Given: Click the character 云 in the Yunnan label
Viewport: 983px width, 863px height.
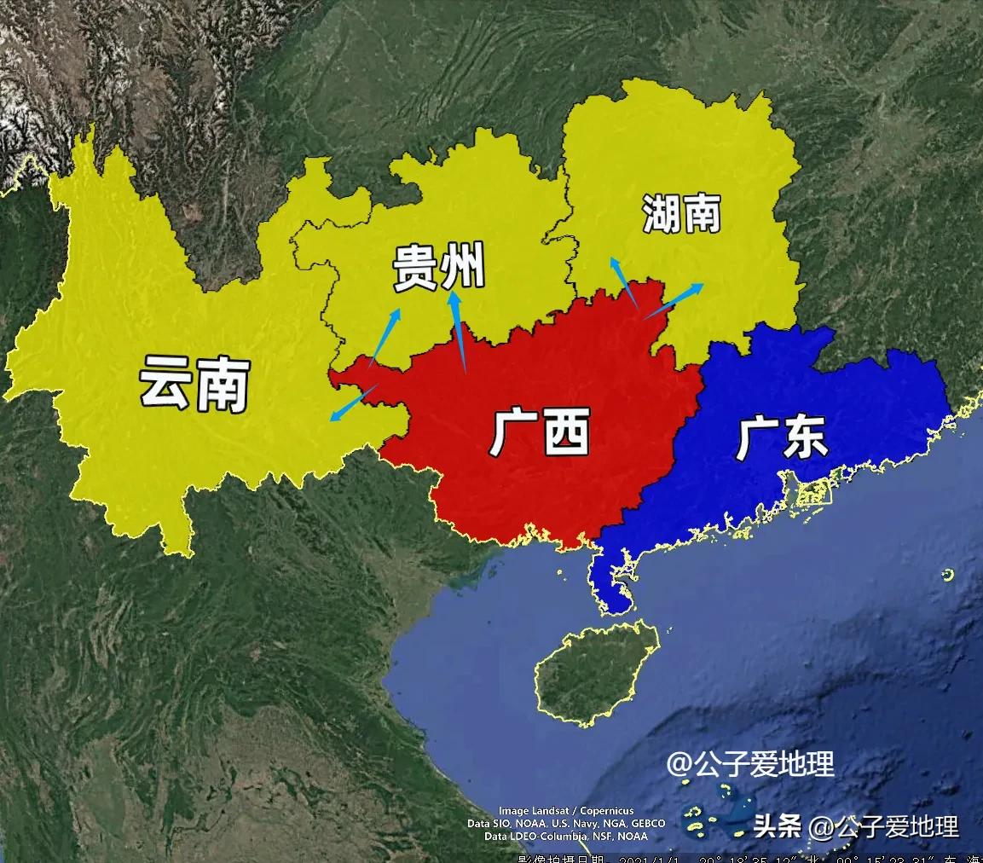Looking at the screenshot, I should [x=167, y=382].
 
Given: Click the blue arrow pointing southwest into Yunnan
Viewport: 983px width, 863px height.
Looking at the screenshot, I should [x=353, y=403].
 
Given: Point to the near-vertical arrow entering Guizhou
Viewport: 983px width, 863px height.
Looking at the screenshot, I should [x=459, y=333].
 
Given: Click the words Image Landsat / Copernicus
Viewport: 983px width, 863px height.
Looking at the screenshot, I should [x=554, y=811].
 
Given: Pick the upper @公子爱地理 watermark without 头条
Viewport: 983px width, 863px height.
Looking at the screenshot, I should [x=750, y=764].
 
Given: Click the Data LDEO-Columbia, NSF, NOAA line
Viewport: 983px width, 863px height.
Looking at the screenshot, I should [x=554, y=837].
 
